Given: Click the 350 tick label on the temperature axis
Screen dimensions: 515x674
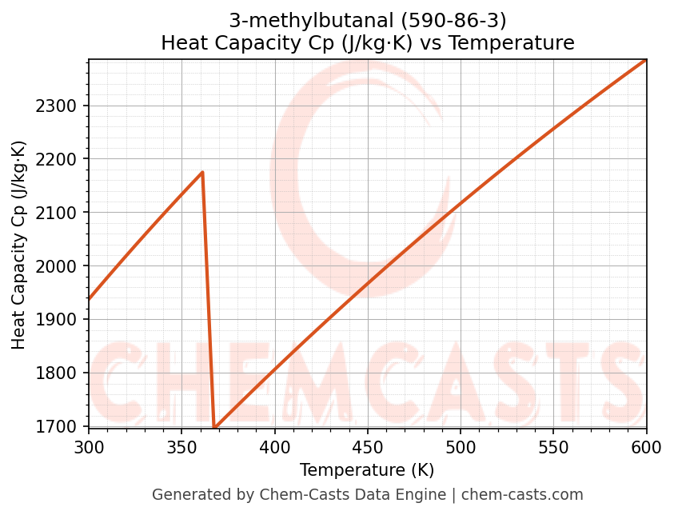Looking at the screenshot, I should (181, 447).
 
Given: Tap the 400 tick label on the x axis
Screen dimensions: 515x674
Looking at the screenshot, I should (274, 447).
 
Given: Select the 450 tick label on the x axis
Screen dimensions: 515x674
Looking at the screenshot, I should (367, 447).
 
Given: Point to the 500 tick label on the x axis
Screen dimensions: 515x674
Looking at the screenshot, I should (461, 447).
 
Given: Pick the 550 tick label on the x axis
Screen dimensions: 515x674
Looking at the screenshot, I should (553, 447).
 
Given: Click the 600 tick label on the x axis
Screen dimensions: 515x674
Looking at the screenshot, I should (646, 447).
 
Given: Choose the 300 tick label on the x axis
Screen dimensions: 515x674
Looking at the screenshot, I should (89, 447).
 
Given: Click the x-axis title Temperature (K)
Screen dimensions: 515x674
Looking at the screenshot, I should (367, 470).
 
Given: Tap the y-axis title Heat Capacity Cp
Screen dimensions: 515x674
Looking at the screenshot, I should (19, 244).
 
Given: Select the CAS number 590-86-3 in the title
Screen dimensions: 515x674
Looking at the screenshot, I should (457, 20).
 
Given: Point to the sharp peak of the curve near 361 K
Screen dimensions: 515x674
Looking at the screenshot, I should (202, 172).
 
